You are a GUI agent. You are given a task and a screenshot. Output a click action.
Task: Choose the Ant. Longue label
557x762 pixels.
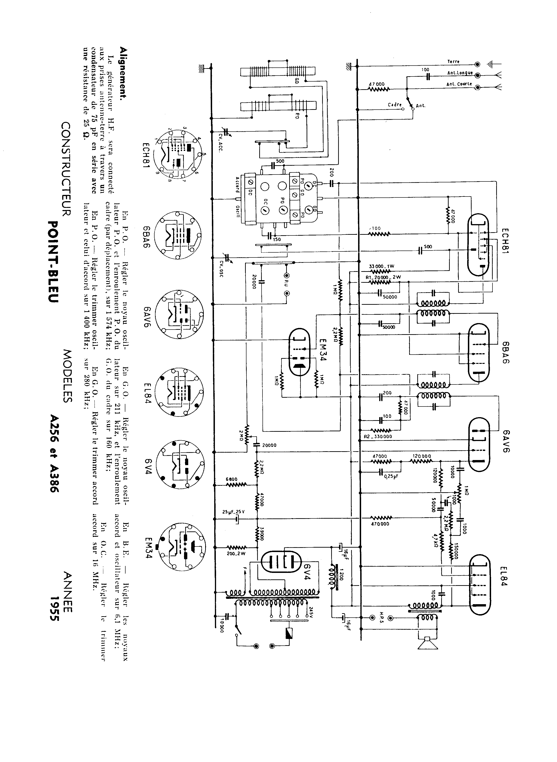click(460, 73)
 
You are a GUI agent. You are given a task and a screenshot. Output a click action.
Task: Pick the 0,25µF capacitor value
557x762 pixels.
click(391, 476)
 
